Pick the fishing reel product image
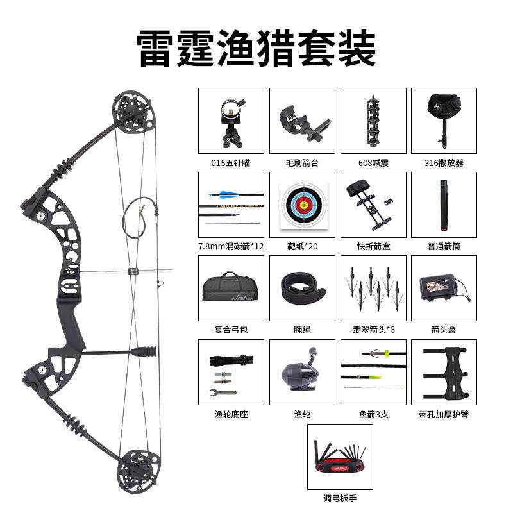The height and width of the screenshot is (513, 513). tap(300, 373)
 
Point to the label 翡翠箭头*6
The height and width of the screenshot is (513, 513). tap(373, 330)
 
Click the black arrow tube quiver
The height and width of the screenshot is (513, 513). tap(443, 206)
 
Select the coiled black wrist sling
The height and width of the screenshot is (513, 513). tap(301, 288)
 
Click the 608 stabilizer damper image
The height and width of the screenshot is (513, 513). tap(372, 121)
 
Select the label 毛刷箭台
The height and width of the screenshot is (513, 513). tap(301, 163)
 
